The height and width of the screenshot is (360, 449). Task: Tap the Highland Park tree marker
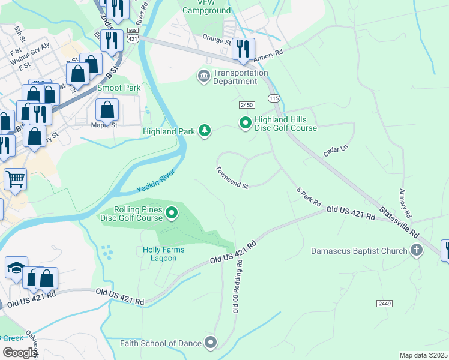205,130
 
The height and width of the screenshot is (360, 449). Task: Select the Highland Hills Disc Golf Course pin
245,124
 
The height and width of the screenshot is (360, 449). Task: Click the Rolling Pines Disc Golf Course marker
172,213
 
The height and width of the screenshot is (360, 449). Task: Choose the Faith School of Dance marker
210,343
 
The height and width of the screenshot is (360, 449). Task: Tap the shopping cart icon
15,178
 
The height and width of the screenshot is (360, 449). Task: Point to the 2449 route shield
385,304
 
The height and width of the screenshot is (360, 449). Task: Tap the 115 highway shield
274,98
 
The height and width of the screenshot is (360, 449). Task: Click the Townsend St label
232,178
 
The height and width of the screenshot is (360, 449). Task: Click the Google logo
20,352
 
